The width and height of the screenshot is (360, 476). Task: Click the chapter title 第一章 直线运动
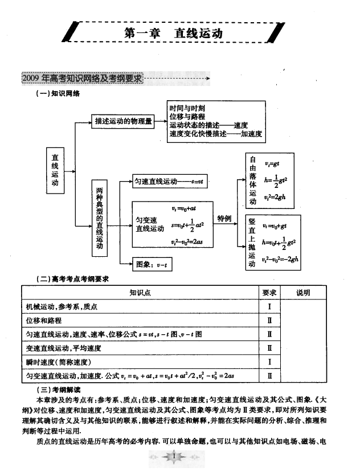click(x=174, y=33)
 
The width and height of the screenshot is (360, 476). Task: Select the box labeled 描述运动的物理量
click(x=124, y=121)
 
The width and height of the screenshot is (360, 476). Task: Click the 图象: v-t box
click(x=152, y=264)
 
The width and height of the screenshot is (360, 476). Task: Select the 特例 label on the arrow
click(x=224, y=219)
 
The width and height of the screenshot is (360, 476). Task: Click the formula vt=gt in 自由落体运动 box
click(x=272, y=165)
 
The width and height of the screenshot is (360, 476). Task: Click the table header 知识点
click(x=140, y=293)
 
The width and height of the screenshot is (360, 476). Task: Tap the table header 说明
click(x=303, y=293)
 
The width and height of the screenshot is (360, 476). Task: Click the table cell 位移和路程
click(x=44, y=321)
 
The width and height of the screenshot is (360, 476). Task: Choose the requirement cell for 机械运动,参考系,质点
click(x=269, y=307)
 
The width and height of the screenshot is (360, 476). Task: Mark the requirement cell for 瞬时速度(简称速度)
click(x=269, y=362)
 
